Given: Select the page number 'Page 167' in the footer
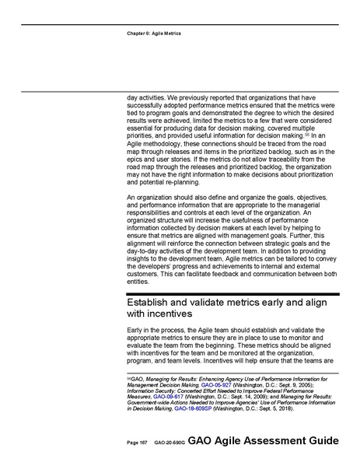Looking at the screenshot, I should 137,442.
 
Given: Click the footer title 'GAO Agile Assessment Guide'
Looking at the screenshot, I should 263,440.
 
